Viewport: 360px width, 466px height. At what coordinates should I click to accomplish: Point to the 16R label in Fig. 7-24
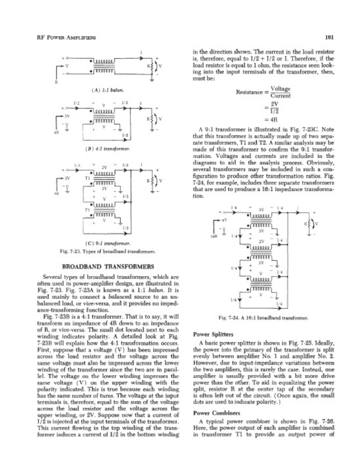click(x=214, y=235)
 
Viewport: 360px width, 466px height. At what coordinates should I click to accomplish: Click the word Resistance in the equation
click(x=251, y=93)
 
